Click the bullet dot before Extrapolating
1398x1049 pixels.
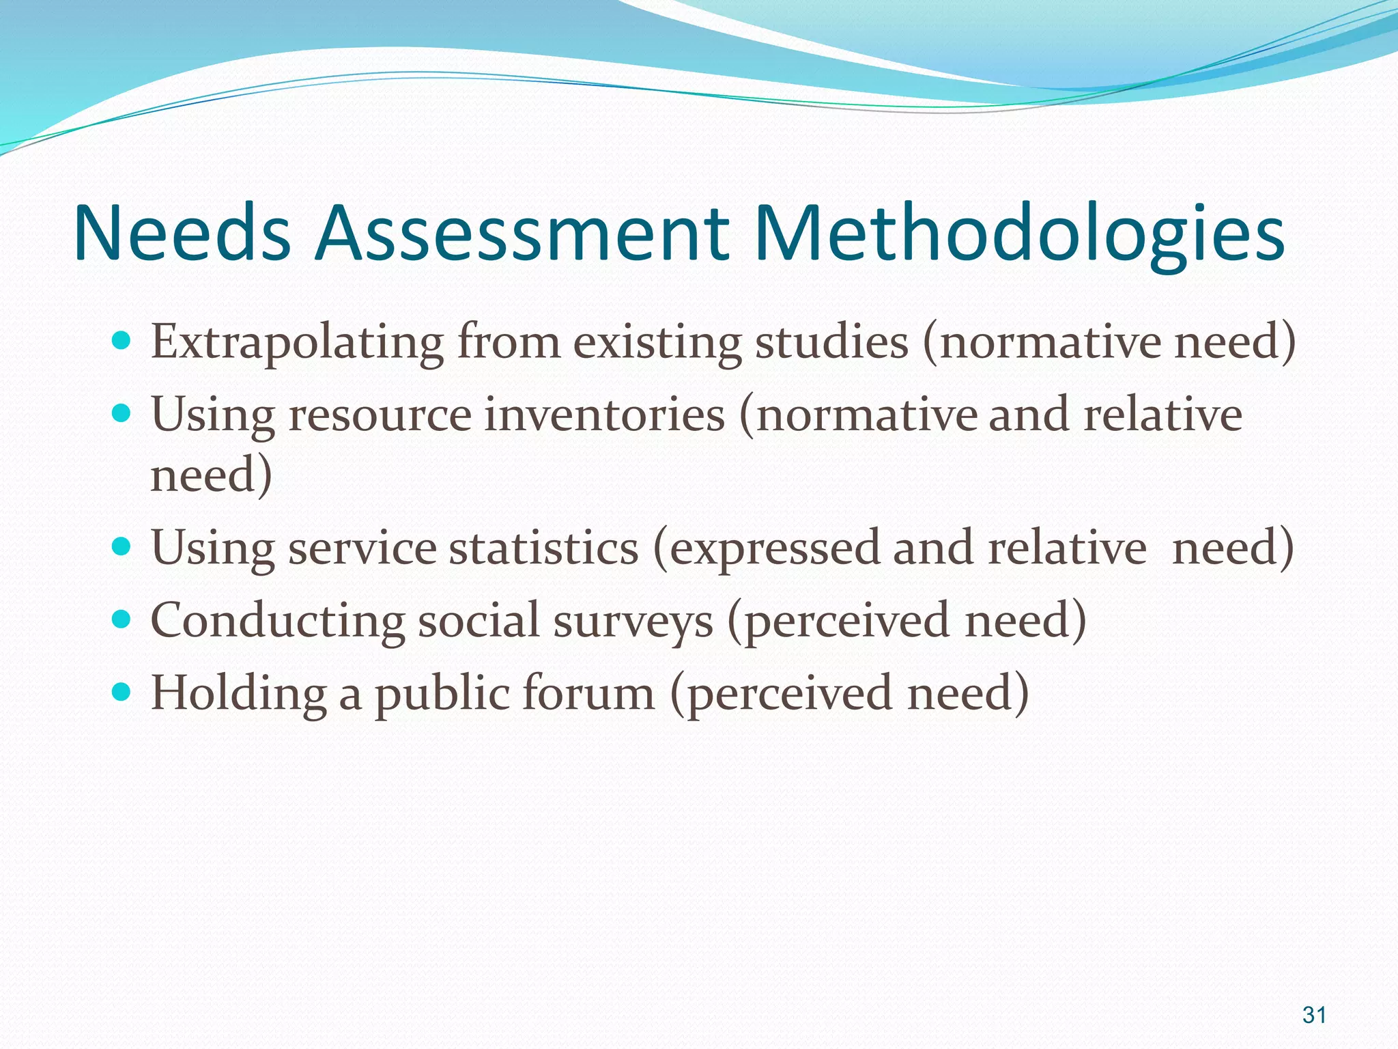(120, 339)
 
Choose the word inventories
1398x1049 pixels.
(604, 415)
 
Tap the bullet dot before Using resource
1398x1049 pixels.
(120, 412)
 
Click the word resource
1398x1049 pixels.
(380, 415)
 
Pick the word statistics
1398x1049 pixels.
(543, 548)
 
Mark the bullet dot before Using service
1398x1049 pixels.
(120, 546)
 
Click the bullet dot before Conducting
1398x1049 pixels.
(120, 619)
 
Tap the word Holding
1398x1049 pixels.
(238, 694)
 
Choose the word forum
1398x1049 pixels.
(589, 693)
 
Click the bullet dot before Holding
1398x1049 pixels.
(120, 692)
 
